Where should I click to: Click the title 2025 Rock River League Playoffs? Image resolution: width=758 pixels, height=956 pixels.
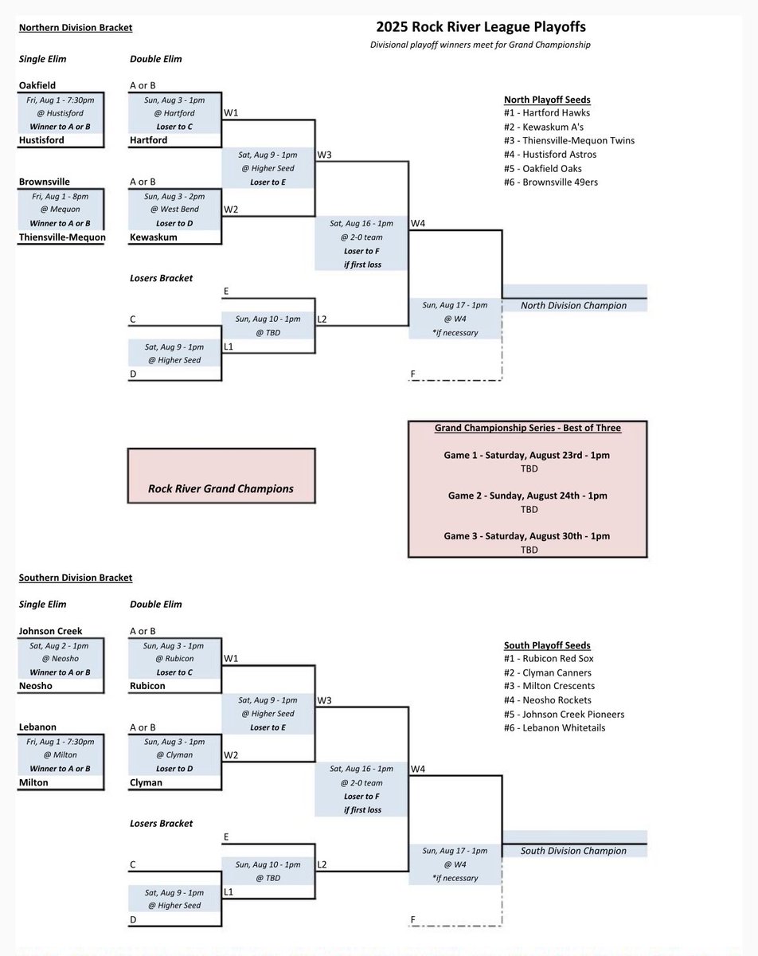(x=477, y=28)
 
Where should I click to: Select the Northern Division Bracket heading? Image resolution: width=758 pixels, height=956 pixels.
(x=76, y=28)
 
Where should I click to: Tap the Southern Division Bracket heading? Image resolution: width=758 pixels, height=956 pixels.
(x=76, y=578)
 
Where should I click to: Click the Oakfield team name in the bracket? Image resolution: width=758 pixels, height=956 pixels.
(x=37, y=85)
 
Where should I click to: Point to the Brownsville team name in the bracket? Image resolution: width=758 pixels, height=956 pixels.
(x=45, y=182)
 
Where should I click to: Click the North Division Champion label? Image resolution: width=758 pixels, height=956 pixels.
(x=573, y=305)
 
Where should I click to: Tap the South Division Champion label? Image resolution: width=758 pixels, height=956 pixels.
(x=573, y=851)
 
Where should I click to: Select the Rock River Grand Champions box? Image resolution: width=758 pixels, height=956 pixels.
(x=221, y=488)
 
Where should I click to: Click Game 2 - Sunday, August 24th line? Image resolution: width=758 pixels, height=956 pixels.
(x=527, y=496)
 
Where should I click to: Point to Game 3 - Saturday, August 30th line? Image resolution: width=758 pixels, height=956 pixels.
(x=527, y=536)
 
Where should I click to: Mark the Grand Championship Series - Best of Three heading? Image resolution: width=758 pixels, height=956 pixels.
(x=527, y=428)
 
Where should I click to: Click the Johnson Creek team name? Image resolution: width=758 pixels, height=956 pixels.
(x=50, y=631)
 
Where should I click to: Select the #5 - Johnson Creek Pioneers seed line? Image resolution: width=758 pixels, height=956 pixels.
(x=564, y=714)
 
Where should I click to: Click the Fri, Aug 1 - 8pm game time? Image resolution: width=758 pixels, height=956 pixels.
(x=60, y=195)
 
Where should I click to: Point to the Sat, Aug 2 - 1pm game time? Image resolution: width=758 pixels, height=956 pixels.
(x=60, y=645)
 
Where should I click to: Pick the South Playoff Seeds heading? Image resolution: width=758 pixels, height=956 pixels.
(x=548, y=645)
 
